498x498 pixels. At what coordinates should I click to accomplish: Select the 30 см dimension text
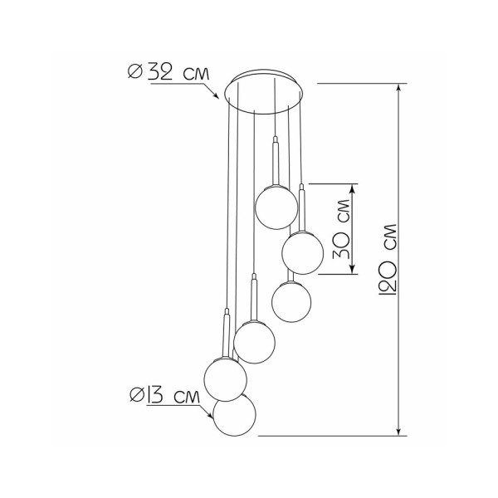pos(340,228)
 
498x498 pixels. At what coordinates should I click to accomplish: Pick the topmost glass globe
pos(276,207)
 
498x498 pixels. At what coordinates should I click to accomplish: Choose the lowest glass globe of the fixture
pos(233,414)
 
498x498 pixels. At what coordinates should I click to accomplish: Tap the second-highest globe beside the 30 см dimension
pos(301,250)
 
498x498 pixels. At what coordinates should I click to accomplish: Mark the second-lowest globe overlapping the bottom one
pos(226,377)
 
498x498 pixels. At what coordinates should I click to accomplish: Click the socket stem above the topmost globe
pos(275,162)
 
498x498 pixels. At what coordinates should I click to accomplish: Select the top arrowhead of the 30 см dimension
pos(354,188)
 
